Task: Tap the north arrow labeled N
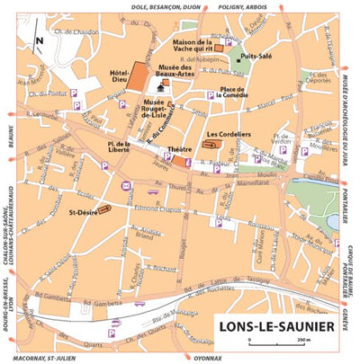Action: coord(38,40)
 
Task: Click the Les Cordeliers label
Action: coord(228,135)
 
